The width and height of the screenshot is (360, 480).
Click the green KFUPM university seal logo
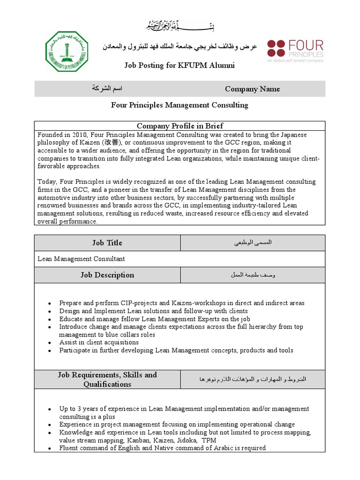pos(66,52)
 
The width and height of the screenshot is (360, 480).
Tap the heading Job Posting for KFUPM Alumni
pos(180,65)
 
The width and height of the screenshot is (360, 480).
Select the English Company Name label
pos(252,89)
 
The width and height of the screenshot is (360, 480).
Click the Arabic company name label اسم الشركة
pos(107,89)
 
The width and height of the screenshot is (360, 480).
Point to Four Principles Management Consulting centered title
pos(180,105)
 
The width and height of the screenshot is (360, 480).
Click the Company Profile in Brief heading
pos(180,126)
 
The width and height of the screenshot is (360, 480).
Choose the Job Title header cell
pos(107,243)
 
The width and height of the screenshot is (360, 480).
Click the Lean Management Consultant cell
pos(82,259)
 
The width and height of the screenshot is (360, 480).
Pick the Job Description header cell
pos(107,275)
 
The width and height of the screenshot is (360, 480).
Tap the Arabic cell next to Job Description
pos(253,275)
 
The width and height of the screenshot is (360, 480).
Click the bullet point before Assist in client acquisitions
pos(49,343)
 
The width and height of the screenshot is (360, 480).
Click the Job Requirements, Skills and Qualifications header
pos(107,379)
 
